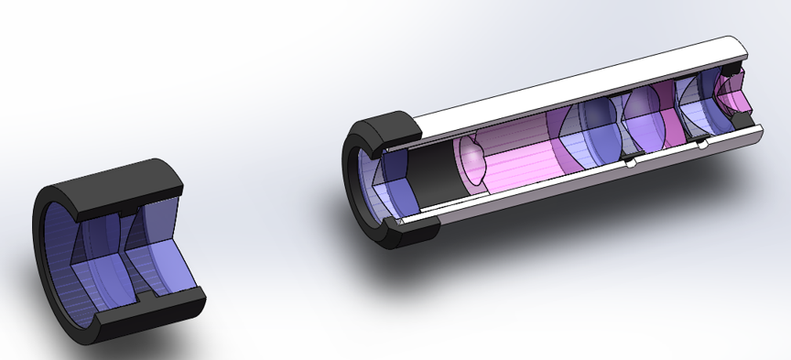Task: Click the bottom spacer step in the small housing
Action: coord(138,301)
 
